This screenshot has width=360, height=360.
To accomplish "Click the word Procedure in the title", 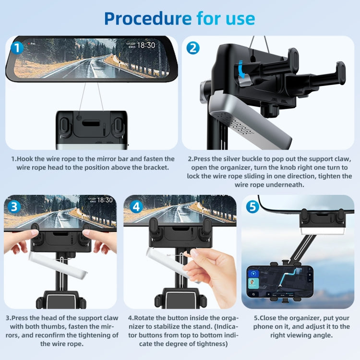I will tap(147, 18).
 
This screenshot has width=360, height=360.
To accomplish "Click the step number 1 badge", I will tap(17, 48).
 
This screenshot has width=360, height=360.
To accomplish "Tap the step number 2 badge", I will tap(193, 48).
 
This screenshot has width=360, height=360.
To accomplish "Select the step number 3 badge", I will tap(15, 207).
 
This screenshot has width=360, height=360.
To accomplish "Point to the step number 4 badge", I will tap(136, 207).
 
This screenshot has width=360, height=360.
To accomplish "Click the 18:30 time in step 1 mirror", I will tap(145, 46).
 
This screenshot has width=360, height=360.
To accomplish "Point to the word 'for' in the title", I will tap(211, 18).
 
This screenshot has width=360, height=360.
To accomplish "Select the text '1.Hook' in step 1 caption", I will tap(24, 158).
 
